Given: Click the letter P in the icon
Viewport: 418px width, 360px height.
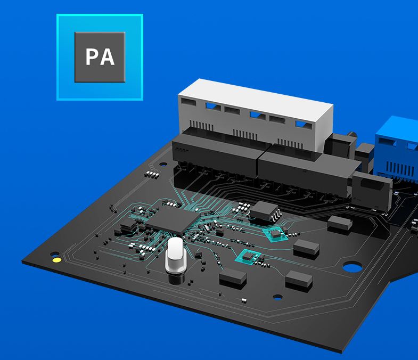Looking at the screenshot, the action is [92, 56].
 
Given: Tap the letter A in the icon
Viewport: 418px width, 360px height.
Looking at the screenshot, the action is [108, 56].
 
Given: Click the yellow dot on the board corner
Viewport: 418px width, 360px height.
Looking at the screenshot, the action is [56, 260].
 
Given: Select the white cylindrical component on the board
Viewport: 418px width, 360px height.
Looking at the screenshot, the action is [175, 255].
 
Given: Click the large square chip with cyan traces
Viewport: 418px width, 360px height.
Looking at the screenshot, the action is [173, 220].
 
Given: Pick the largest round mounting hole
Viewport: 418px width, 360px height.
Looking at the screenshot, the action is [352, 266].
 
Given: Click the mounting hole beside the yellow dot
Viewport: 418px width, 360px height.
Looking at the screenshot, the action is [55, 253].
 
